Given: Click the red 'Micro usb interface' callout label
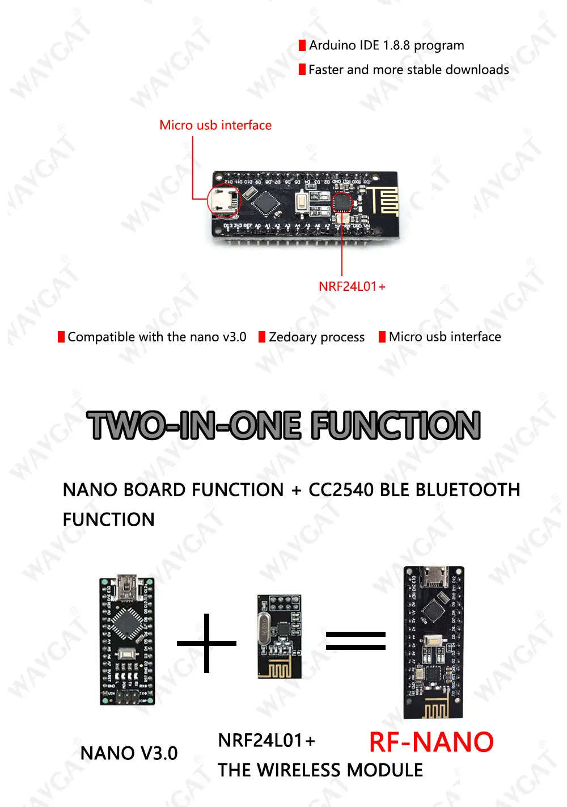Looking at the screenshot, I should click(x=215, y=125).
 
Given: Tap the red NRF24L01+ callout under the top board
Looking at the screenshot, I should click(x=352, y=286).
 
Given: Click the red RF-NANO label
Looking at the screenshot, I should click(x=431, y=742).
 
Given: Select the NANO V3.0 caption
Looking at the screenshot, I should click(x=129, y=753).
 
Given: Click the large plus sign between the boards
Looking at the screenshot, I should click(x=206, y=643).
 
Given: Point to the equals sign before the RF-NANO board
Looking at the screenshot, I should click(x=356, y=641).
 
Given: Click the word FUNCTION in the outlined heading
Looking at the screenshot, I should click(x=396, y=425).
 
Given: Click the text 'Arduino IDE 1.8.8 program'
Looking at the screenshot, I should click(x=387, y=45).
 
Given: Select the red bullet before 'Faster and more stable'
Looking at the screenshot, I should click(x=302, y=70).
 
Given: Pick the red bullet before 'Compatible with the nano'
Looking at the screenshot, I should click(x=61, y=337).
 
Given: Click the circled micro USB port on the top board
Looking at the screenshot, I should click(x=225, y=200).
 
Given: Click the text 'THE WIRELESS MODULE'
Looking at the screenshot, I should click(x=320, y=770).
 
